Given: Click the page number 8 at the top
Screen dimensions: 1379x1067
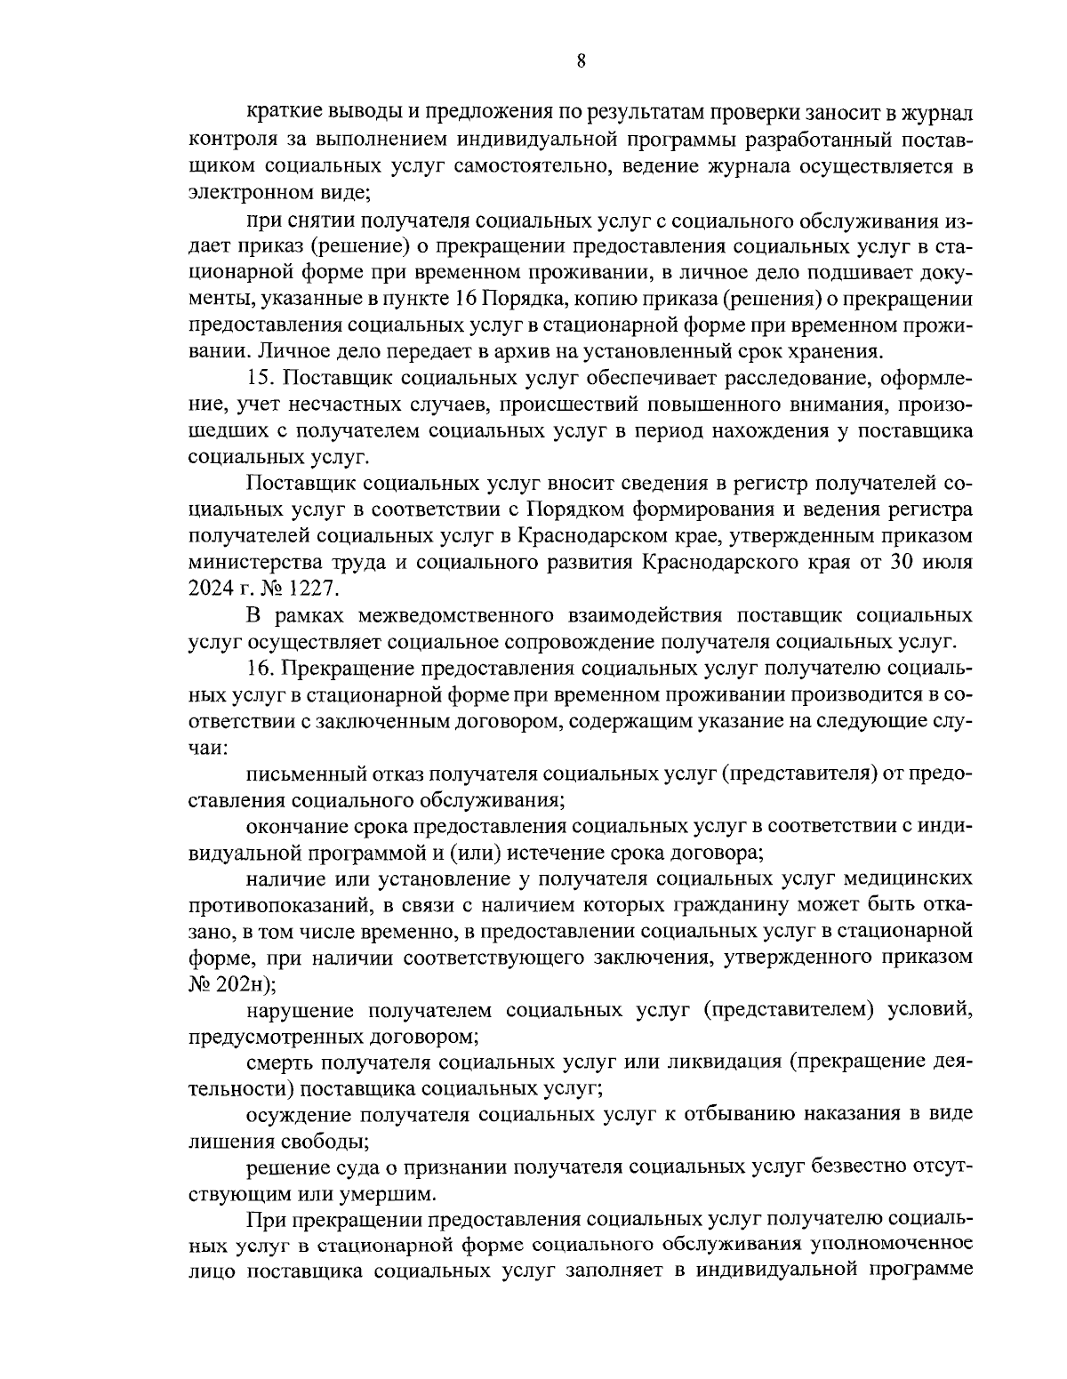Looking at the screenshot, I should pyautogui.click(x=581, y=61).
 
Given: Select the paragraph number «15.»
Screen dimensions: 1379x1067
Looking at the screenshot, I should pyautogui.click(x=263, y=379).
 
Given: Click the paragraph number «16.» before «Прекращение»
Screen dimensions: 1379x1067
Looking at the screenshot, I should pyautogui.click(x=263, y=668).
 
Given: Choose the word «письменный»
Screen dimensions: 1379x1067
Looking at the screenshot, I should pyautogui.click(x=305, y=772).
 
